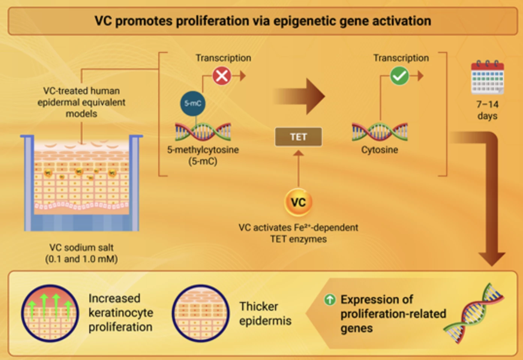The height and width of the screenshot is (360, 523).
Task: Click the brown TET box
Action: tap(298, 137)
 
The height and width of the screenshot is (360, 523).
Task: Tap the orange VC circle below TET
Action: tap(298, 202)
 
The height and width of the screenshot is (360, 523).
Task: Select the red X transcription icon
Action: tap(222, 76)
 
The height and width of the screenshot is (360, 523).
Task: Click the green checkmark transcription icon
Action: tap(400, 76)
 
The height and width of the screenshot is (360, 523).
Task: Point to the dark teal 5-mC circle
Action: tap(193, 103)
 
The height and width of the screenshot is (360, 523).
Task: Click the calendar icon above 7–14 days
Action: tap(487, 78)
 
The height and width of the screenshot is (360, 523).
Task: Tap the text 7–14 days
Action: tap(487, 110)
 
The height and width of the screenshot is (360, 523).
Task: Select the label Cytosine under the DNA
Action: tap(379, 150)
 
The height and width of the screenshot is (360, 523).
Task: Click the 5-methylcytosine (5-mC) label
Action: tap(203, 155)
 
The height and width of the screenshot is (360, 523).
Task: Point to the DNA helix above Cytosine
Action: tap(380, 132)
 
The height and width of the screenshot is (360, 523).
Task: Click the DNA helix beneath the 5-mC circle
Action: tap(203, 132)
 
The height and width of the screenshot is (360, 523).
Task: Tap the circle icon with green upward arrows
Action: tap(50, 313)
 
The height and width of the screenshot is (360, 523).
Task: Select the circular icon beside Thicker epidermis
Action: tap(201, 313)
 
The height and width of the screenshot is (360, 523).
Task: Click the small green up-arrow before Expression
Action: tap(330, 299)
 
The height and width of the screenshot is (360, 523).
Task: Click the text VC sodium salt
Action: tap(81, 247)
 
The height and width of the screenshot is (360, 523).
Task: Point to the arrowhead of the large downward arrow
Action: tap(492, 259)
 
